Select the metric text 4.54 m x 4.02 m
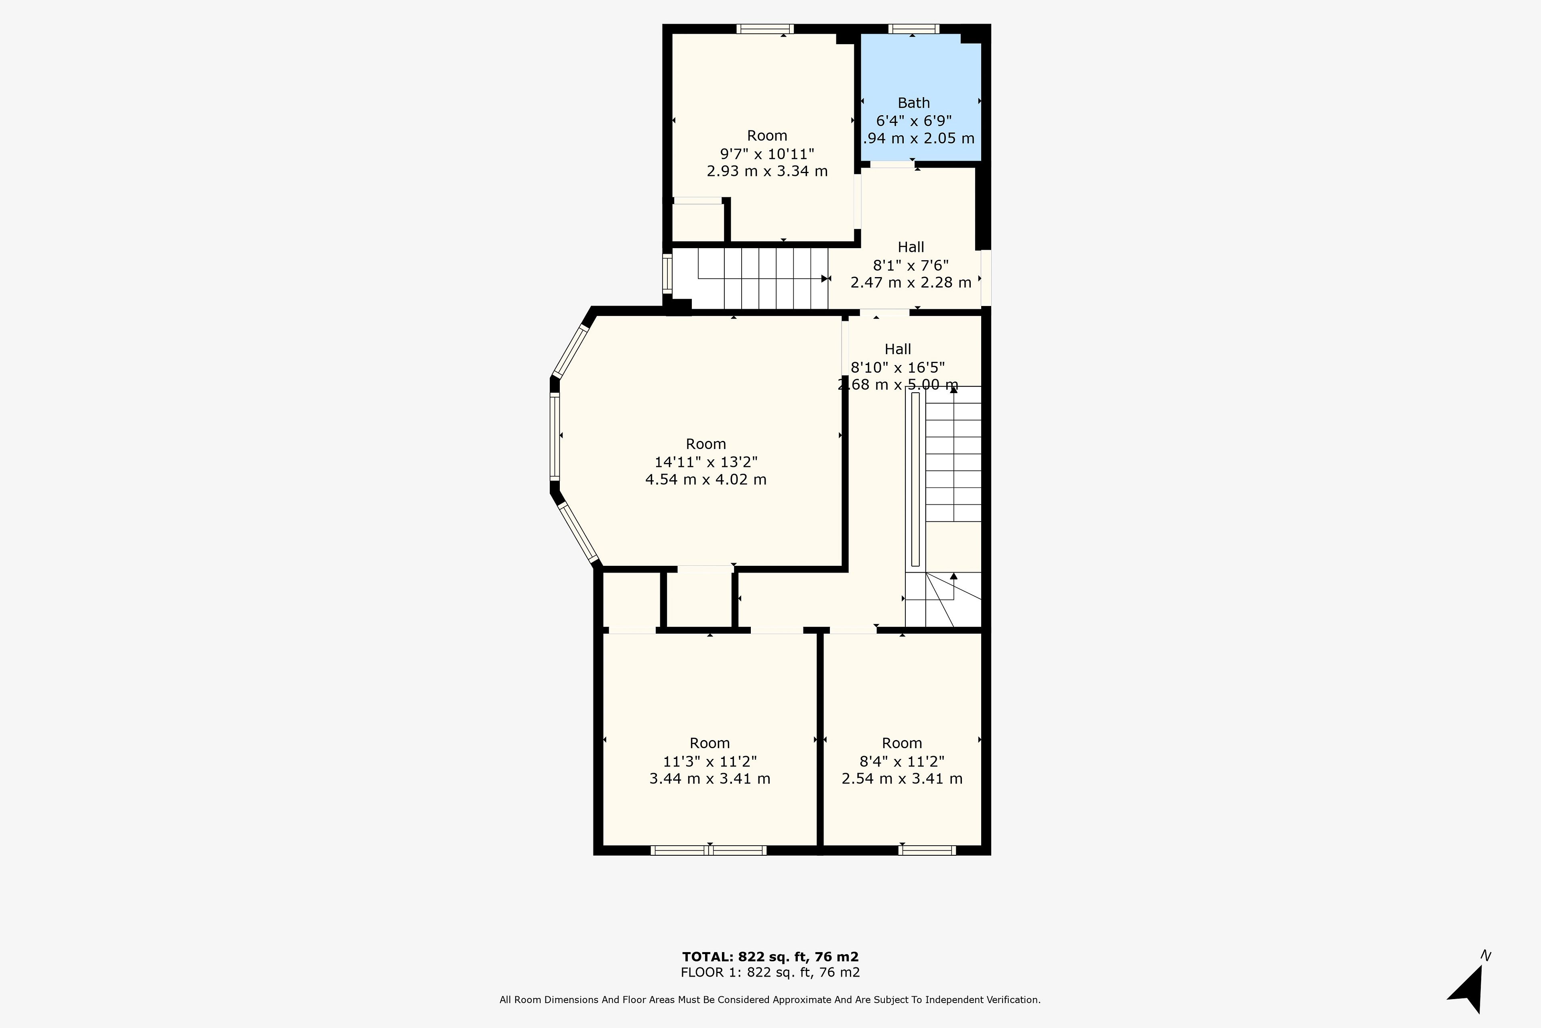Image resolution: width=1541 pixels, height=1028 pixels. point(705,479)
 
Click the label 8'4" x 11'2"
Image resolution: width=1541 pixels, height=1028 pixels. point(902,761)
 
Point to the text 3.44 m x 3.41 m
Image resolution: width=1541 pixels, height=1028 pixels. point(710,779)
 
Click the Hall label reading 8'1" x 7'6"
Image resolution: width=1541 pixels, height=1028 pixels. point(911,265)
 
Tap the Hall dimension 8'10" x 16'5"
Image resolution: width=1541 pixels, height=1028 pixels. point(898,367)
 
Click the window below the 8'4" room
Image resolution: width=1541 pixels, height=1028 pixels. point(927,851)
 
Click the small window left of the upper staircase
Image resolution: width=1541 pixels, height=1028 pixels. point(667,273)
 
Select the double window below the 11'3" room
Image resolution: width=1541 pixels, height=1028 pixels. point(708,851)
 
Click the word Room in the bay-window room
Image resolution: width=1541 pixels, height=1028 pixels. point(705,444)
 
